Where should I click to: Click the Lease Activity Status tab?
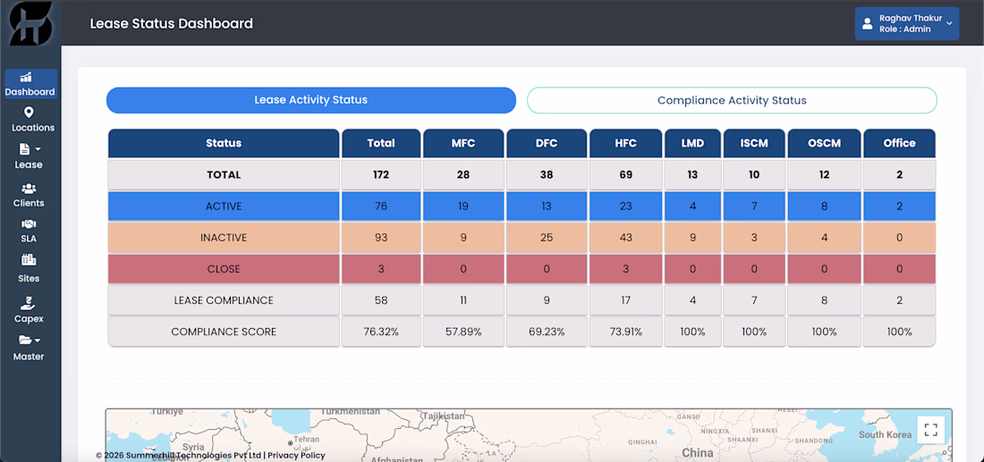coord(310,100)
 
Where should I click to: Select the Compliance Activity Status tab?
coord(732,100)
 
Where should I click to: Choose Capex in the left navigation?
coord(29,310)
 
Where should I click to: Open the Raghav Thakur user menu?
coord(907,24)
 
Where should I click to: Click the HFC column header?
coord(625,143)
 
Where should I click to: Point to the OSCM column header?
coord(824,143)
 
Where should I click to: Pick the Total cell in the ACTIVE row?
coord(381,206)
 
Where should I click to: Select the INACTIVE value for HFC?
coord(625,238)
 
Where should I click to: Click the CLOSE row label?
coord(224,269)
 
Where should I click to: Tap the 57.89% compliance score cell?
coord(463,332)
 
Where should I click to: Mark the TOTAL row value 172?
coord(381,175)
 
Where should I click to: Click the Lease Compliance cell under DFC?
coord(547,300)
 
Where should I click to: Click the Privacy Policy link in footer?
coord(296,456)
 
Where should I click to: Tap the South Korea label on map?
coord(885,434)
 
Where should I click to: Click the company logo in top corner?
coord(30,24)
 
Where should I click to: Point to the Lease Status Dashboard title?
coord(172,24)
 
